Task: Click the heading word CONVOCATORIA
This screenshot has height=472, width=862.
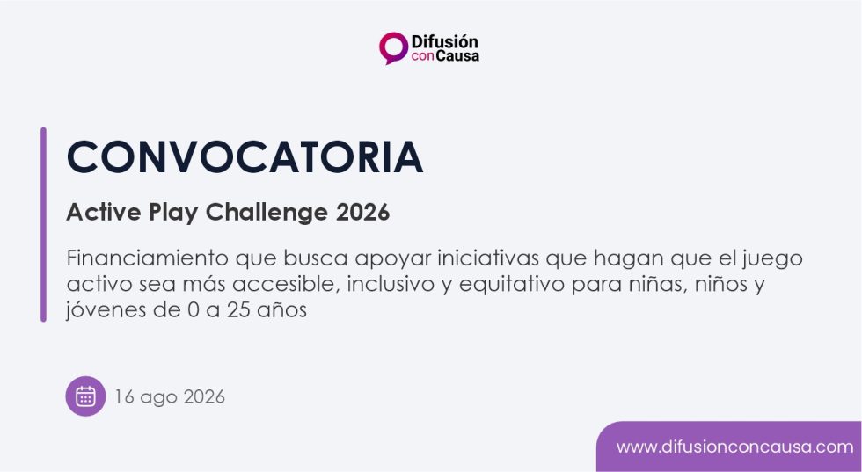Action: (245, 157)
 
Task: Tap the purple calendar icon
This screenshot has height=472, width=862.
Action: (86, 396)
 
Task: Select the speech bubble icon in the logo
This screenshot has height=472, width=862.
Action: (393, 47)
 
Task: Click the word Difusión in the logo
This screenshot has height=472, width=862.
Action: (444, 41)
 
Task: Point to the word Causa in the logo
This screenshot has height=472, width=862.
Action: (457, 56)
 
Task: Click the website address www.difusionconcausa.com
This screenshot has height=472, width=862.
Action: (735, 447)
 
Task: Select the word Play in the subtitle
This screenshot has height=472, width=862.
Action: (173, 213)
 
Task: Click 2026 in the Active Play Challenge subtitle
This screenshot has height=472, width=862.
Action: (362, 212)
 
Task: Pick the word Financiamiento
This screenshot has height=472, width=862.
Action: (148, 258)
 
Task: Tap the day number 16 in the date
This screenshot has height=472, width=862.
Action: (124, 396)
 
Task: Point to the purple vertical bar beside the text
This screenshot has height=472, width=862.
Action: (43, 224)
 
